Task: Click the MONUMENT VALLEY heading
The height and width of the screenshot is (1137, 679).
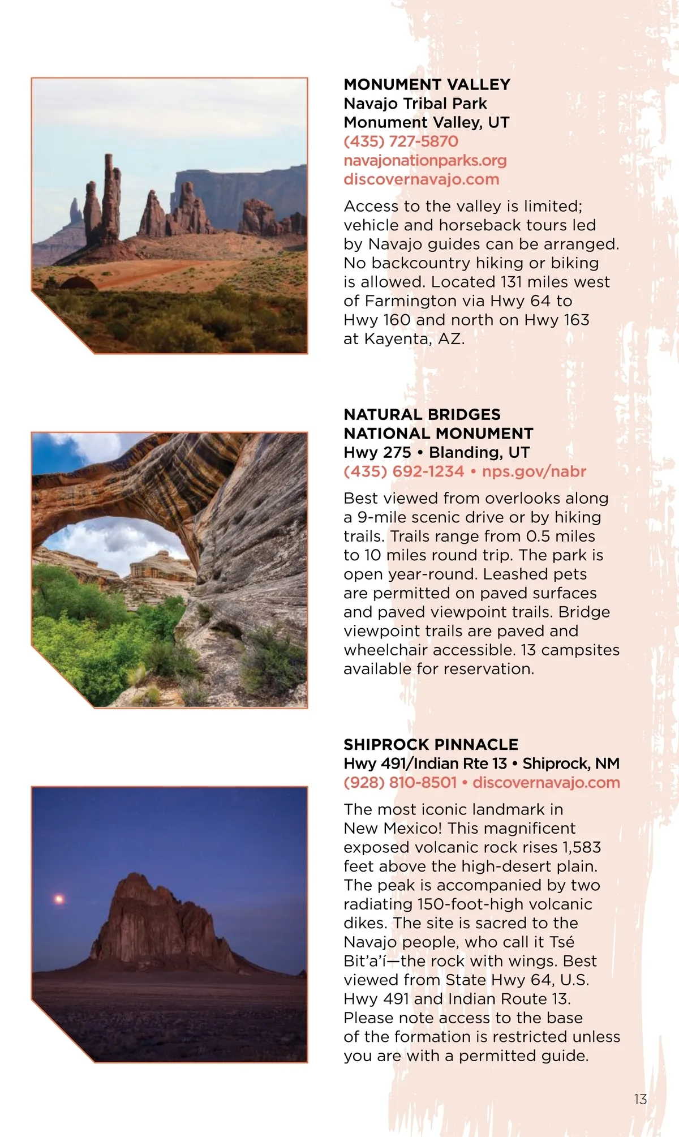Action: point(427,84)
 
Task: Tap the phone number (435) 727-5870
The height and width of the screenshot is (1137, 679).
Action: point(401,141)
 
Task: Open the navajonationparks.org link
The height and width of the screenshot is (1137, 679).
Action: point(425,160)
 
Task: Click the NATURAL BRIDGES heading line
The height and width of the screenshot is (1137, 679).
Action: point(422,414)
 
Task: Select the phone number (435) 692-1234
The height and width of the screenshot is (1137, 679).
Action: point(403,471)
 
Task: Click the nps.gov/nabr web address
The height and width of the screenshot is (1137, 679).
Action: point(534,471)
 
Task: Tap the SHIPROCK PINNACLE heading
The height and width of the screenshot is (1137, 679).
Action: point(431,744)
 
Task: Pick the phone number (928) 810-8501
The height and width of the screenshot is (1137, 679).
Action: point(399,783)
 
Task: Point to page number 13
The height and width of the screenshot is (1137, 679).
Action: point(640,1099)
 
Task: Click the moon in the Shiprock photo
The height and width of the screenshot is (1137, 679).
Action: point(58,899)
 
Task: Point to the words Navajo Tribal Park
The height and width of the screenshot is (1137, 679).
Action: point(415,104)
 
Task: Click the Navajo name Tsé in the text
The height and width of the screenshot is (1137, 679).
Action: point(562,942)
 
